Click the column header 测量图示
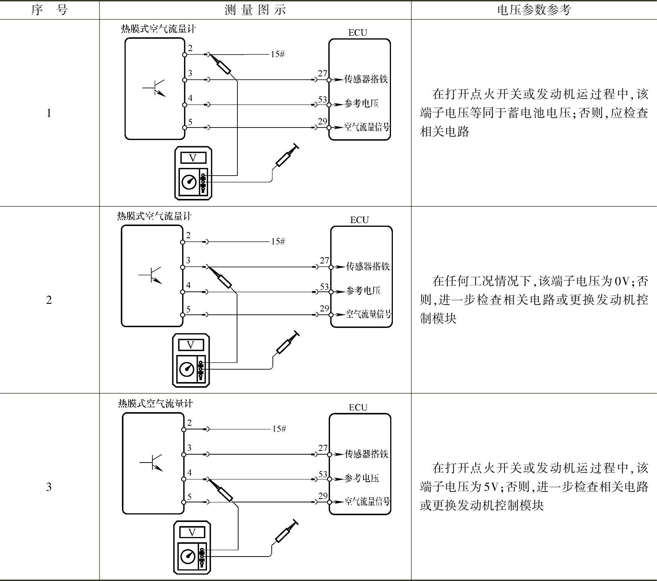tap(255, 10)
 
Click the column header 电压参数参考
tap(534, 10)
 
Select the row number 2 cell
tap(49, 300)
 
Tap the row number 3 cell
tap(49, 487)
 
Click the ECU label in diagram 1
tap(357, 33)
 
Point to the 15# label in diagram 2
tap(278, 241)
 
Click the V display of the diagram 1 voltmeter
tap(193, 158)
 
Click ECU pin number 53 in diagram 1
tap(322, 100)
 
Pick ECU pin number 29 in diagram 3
tap(323, 496)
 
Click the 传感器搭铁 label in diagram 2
tap(368, 267)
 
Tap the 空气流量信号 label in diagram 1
tap(367, 127)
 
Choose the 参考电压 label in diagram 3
tap(362, 478)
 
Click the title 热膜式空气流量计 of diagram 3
tap(155, 404)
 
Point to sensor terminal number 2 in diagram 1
tap(190, 48)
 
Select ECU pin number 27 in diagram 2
tap(324, 260)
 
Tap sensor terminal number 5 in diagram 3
tap(190, 497)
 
